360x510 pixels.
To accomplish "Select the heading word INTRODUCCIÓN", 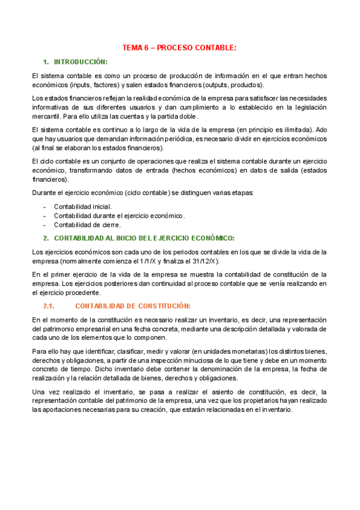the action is [81, 62].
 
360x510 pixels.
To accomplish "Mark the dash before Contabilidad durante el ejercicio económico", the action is [45, 216].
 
